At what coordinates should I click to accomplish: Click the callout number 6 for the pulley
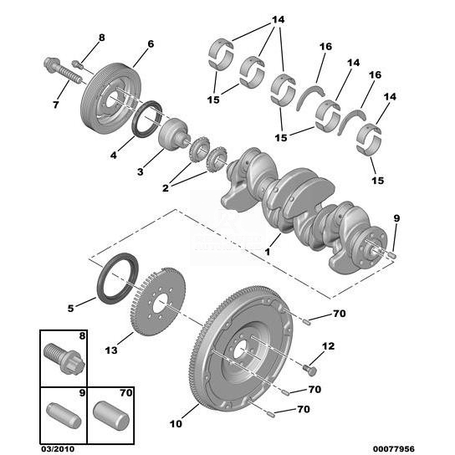point(151,44)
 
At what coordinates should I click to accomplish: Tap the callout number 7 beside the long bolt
point(56,105)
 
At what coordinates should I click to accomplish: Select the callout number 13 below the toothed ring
point(111,350)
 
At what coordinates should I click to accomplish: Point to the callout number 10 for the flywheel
point(176,424)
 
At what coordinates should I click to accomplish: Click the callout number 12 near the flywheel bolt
point(328,346)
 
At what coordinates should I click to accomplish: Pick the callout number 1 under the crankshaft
point(268,252)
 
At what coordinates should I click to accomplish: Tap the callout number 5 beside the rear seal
point(71,308)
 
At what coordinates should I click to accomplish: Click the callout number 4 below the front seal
point(114,156)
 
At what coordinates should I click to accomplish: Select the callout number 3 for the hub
point(141,171)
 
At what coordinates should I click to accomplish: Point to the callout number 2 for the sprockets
point(166,188)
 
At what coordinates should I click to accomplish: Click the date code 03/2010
point(57,449)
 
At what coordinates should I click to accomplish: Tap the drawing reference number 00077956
point(393,449)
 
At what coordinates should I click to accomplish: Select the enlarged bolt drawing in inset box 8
point(64,358)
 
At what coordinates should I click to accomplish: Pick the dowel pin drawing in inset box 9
point(64,415)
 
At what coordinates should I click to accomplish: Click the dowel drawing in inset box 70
point(111,416)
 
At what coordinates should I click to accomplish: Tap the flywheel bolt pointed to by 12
point(309,370)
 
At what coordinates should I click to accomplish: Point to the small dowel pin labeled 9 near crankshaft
point(392,255)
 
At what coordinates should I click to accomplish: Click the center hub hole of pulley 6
point(111,100)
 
